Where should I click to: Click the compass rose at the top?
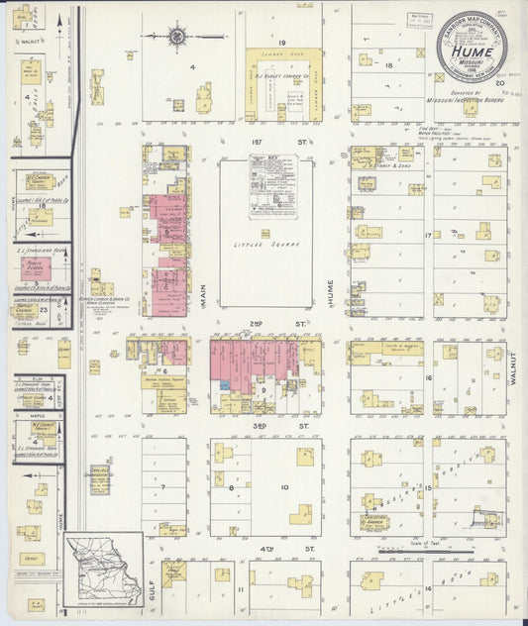(x=176, y=39)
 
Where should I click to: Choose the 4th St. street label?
(x=302, y=547)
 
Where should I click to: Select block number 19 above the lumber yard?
(x=281, y=43)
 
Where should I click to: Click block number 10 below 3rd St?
(x=284, y=487)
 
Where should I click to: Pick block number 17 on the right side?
(x=428, y=235)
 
